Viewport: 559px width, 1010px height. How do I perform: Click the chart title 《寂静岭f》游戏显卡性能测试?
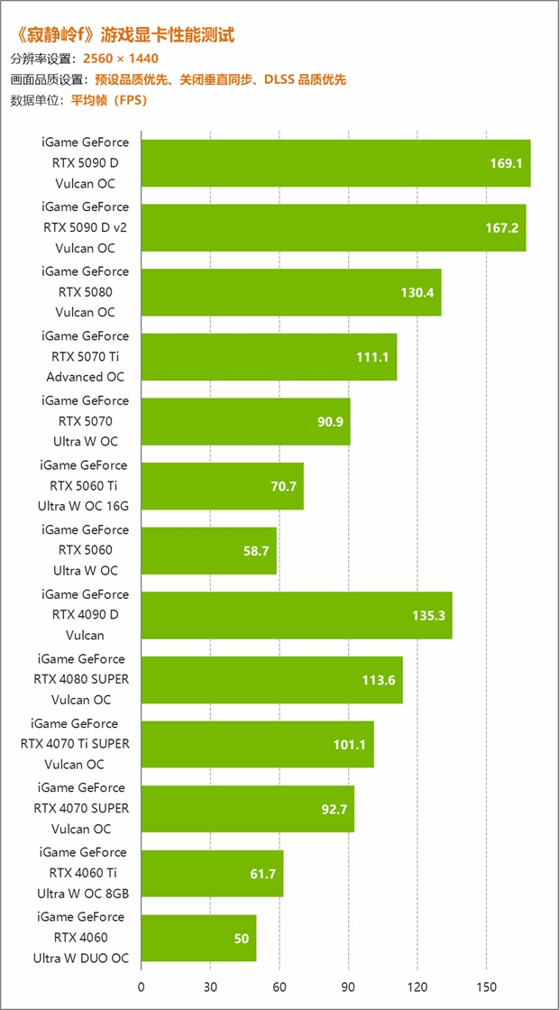[x=124, y=36]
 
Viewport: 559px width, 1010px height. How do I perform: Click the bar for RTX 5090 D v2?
[x=333, y=227]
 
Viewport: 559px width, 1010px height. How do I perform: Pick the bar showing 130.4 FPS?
[x=290, y=292]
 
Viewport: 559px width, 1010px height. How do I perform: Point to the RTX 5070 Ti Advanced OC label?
[x=86, y=356]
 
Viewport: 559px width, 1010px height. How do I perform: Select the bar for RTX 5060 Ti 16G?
[x=222, y=486]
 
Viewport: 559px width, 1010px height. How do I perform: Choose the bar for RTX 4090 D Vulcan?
[x=296, y=615]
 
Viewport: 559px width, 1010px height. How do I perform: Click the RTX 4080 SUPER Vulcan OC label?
[x=83, y=679]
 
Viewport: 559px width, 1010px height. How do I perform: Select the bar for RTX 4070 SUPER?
[x=247, y=809]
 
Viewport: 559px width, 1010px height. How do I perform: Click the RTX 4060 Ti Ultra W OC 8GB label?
[x=83, y=873]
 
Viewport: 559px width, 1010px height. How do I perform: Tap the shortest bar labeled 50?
[x=198, y=938]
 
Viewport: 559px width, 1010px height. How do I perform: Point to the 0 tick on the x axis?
[x=142, y=987]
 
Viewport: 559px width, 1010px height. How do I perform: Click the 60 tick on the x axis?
[x=279, y=987]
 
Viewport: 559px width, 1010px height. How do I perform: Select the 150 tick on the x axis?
[x=486, y=987]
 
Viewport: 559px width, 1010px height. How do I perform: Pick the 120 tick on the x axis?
[x=417, y=987]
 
